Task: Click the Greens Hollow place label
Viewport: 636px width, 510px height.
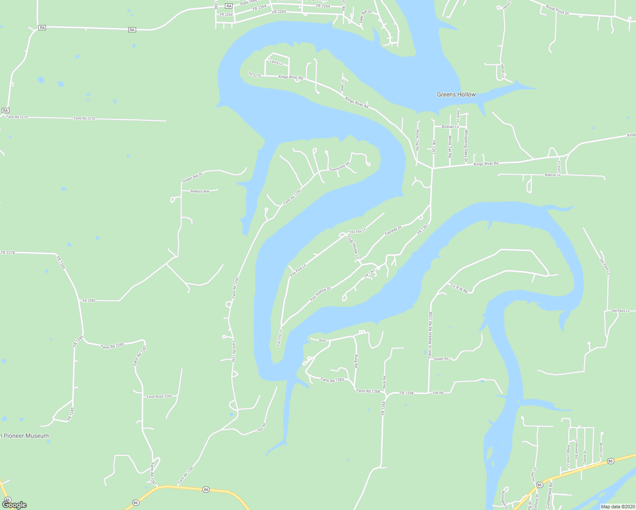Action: [x=456, y=94]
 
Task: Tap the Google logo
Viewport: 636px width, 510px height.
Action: [x=14, y=505]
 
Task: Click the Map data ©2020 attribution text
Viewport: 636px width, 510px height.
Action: [x=617, y=507]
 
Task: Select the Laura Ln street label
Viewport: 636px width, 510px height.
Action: [x=276, y=63]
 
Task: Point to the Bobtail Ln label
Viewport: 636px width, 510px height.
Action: [x=450, y=127]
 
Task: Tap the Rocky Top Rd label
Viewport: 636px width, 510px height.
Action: [x=417, y=141]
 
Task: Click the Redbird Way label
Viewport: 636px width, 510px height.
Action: [x=200, y=191]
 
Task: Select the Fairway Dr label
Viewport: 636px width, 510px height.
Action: [x=393, y=231]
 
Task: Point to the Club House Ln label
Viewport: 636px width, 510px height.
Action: [x=353, y=248]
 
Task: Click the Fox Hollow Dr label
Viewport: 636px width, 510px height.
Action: [x=321, y=294]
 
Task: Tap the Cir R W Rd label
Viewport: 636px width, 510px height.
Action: [x=459, y=289]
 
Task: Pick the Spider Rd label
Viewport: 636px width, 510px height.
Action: [x=441, y=359]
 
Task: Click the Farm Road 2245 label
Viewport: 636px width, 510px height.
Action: [x=159, y=397]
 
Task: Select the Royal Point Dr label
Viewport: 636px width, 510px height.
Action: [x=557, y=10]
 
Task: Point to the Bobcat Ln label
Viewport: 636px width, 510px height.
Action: [x=552, y=175]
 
